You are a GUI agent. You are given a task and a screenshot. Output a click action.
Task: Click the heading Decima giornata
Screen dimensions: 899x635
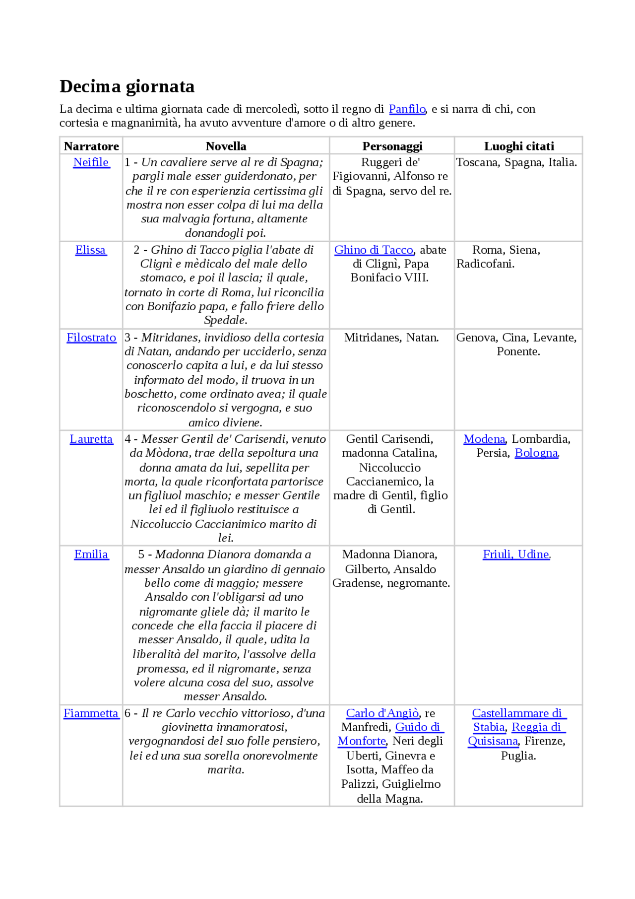[127, 86]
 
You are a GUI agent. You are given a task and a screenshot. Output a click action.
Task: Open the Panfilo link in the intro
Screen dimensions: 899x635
[407, 109]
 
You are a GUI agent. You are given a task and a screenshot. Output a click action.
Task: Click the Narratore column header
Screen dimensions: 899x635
[91, 146]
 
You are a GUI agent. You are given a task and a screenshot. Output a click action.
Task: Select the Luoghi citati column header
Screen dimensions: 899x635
[519, 146]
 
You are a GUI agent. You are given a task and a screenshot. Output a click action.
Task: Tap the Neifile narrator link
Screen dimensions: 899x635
[91, 162]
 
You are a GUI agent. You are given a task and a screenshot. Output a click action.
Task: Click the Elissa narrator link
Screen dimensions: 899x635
[90, 250]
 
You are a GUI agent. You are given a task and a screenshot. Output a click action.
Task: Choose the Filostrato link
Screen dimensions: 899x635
[91, 338]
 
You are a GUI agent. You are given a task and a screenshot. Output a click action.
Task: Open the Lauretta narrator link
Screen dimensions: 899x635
[91, 439]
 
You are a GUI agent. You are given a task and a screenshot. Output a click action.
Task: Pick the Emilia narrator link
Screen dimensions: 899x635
[91, 554]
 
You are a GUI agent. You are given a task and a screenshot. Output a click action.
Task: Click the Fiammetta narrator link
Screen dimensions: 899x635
[91, 713]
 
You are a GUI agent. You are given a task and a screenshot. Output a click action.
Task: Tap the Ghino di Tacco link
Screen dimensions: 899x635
[374, 250]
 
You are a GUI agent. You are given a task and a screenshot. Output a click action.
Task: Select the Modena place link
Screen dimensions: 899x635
[484, 439]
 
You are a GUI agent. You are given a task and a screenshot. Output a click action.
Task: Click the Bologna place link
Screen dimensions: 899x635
[536, 453]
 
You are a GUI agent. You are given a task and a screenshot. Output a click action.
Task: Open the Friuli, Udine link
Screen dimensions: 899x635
[516, 554]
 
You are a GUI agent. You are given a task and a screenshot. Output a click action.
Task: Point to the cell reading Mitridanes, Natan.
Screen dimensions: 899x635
[391, 338]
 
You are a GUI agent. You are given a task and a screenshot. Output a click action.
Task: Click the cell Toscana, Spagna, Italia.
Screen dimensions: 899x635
[516, 162]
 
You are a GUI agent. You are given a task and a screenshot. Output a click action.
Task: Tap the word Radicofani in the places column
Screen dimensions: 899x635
[485, 264]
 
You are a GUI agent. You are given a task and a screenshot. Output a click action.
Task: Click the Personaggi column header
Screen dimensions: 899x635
[392, 146]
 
